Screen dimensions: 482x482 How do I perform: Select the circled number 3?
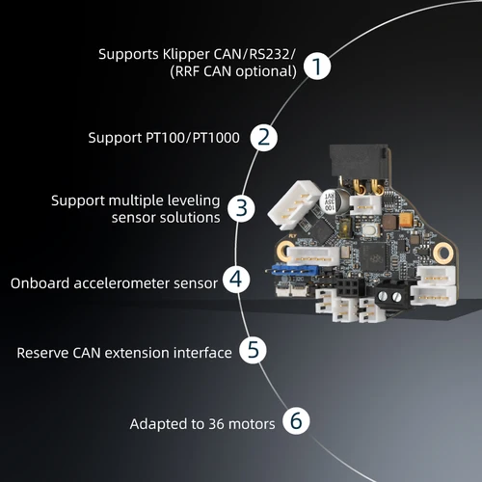tap(243, 207)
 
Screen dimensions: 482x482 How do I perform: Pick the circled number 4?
tap(235, 280)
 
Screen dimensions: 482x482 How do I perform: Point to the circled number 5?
tap(252, 349)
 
